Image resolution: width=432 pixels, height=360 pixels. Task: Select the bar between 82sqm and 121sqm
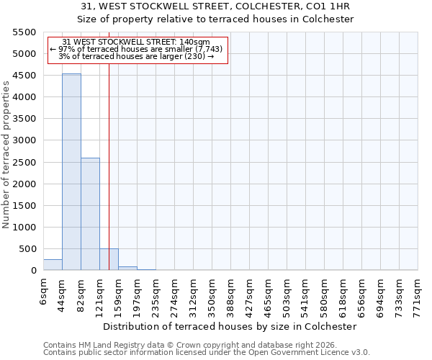click(90, 214)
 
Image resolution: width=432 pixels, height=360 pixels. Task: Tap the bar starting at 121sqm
click(109, 259)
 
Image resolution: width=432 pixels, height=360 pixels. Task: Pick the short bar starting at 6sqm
click(53, 264)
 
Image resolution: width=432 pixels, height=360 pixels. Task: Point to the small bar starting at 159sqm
click(127, 268)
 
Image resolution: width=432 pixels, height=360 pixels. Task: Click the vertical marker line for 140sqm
click(109, 144)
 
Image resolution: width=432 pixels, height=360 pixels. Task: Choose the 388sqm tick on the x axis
click(230, 294)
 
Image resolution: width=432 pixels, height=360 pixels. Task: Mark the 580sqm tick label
click(324, 294)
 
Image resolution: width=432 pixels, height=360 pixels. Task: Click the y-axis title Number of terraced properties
click(6, 155)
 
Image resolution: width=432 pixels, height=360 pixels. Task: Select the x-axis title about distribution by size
click(230, 326)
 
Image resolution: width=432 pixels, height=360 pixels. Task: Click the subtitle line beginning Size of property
click(215, 19)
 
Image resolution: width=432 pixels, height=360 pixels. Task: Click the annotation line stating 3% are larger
click(136, 55)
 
